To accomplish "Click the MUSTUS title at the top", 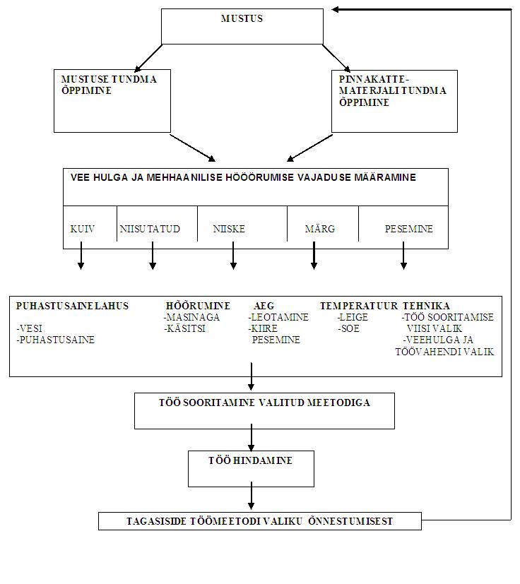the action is [242, 18].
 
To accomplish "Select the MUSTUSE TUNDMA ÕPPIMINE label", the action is [109, 85].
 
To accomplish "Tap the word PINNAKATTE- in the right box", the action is [374, 79].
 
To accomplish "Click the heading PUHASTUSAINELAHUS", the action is [72, 306].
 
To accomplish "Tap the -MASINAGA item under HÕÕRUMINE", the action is [191, 317].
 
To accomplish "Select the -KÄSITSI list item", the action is [184, 328].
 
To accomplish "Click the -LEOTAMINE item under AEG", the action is [278, 317].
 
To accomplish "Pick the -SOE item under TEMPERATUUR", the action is [349, 329].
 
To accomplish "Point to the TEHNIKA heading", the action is [426, 306].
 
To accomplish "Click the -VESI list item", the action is [30, 329].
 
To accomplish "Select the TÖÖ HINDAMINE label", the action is [251, 460].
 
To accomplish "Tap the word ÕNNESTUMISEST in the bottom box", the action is [350, 521].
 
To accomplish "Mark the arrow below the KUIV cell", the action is [81, 256].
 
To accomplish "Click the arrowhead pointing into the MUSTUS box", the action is [335, 9].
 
